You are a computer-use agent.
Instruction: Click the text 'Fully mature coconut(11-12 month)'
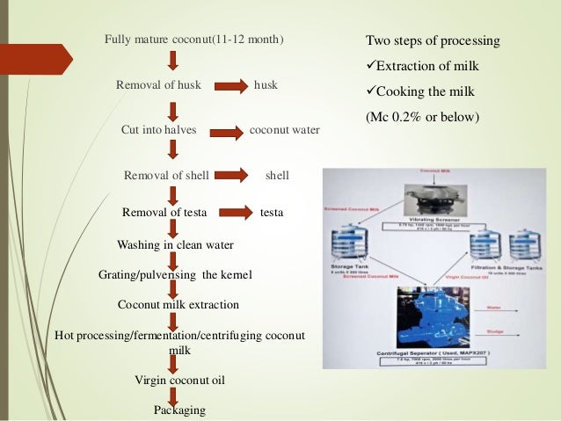coord(194,40)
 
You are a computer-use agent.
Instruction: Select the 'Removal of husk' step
coord(159,85)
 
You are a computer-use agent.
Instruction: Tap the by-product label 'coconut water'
coord(285,130)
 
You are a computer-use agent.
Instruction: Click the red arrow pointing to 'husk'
coord(232,86)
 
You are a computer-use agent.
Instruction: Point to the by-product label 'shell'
coord(277,176)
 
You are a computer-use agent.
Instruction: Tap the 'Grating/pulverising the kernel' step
coord(175,275)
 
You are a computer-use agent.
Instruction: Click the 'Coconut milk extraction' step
coord(178,304)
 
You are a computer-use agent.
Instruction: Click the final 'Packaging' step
coord(179,410)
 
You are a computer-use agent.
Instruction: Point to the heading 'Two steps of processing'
coord(432,41)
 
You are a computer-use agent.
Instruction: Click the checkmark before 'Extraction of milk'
coord(370,68)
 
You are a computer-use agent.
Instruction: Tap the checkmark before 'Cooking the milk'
coord(370,92)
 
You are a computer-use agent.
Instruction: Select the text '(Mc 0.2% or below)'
coord(421,115)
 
